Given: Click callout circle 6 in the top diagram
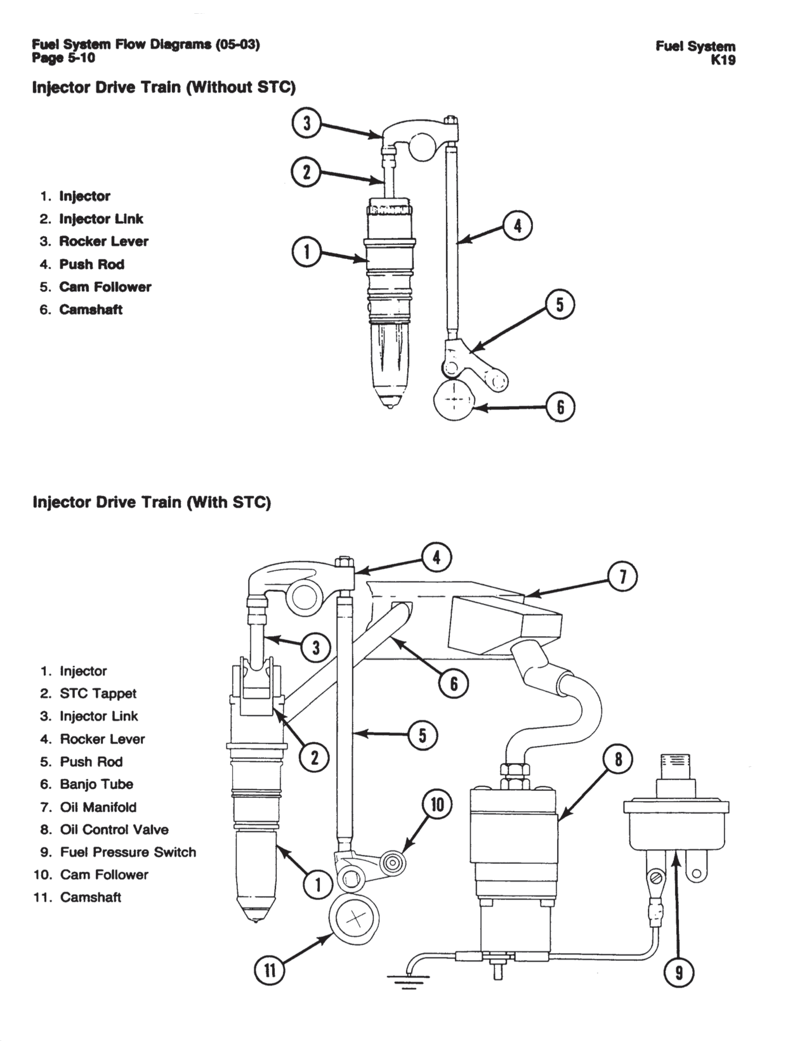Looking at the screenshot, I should [x=560, y=408].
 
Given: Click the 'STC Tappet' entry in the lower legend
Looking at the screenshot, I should [x=98, y=693].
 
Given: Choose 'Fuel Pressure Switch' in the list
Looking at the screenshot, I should [x=128, y=852].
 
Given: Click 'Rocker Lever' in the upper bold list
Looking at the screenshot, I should [x=103, y=242].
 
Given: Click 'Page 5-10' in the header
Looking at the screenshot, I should [x=63, y=58].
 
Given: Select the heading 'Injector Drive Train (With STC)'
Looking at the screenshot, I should [x=152, y=502].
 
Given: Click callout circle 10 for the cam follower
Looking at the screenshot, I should [x=437, y=805].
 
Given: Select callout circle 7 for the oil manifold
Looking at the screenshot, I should [x=622, y=576].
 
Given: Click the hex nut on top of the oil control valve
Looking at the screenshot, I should [x=515, y=771].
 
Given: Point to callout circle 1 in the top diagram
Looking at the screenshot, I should [x=307, y=253].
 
